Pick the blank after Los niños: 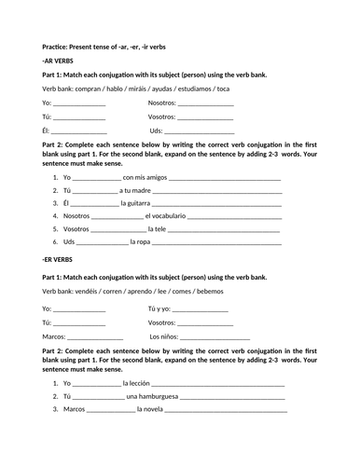[x=215, y=336]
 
